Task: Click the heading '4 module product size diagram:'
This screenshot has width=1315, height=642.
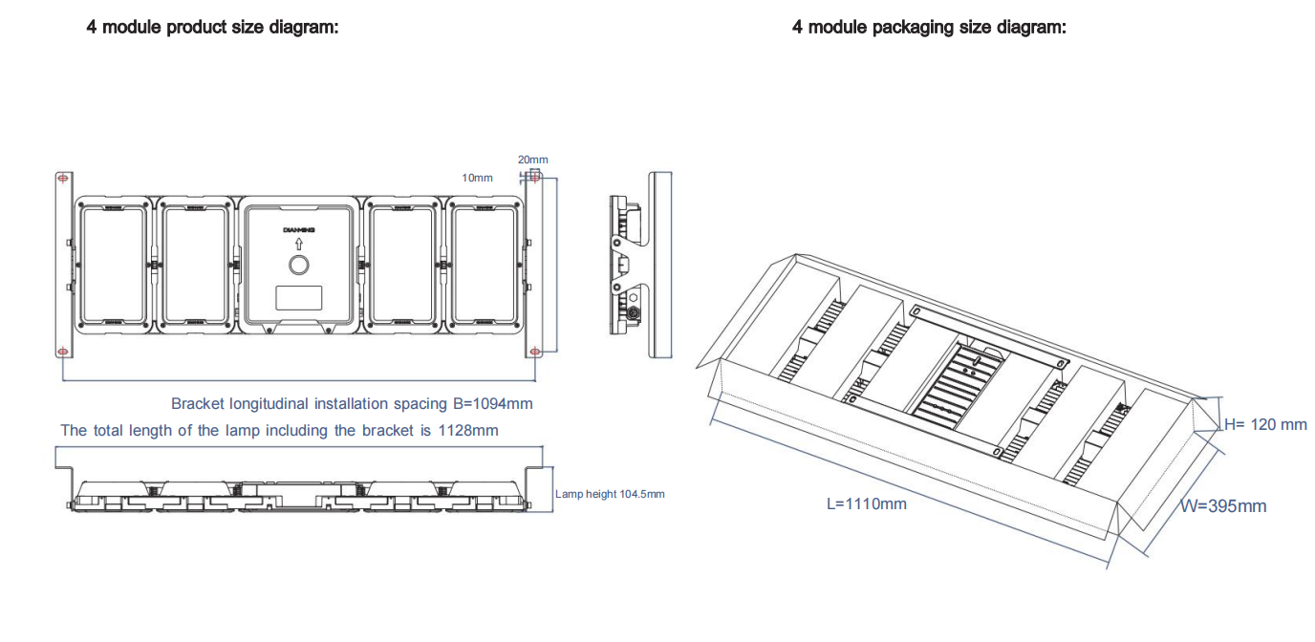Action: (x=212, y=27)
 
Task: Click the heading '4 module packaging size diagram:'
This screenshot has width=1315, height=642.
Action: (x=929, y=27)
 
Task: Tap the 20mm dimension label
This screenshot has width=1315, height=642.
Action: (x=533, y=160)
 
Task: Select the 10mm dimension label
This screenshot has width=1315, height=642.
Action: (x=477, y=178)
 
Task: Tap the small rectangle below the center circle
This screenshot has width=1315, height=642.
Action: (x=299, y=298)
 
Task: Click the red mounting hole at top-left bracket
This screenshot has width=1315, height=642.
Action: (x=62, y=178)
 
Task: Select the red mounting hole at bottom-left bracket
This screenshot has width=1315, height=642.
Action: (x=62, y=353)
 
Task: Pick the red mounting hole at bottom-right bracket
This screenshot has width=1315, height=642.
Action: (x=534, y=353)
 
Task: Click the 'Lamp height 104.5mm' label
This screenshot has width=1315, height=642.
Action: (x=610, y=494)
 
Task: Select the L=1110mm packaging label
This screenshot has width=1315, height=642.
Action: (x=867, y=503)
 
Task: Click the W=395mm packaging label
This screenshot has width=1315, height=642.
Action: (x=1224, y=506)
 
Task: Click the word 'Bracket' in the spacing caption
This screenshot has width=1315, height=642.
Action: (x=198, y=404)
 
